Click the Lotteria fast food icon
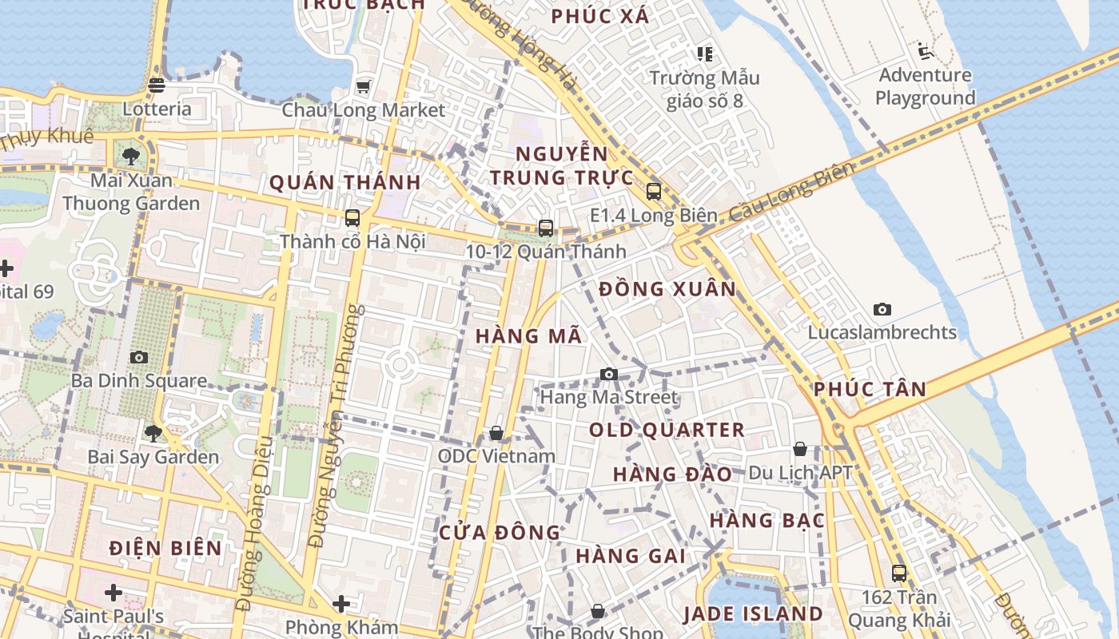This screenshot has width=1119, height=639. coord(157,85)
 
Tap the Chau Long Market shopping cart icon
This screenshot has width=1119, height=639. coord(363,86)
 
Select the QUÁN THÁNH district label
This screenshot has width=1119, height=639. coord(344,182)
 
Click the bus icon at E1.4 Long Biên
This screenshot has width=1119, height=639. coord(654,192)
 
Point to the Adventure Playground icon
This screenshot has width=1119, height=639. coord(926,52)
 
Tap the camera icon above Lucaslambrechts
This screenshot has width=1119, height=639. coord(882,309)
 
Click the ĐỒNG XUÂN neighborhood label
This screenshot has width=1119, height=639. coord(667,289)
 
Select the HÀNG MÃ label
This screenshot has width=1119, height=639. coord(528,336)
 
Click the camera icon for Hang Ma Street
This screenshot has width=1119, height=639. coord(609,374)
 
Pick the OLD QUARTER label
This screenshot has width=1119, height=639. coord(667,430)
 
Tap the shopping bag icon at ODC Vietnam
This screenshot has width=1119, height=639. coord(496,433)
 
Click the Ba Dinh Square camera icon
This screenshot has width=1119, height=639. coord(139,357)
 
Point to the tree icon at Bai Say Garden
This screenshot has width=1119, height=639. coord(153,434)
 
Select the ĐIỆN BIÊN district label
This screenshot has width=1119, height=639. coord(165,548)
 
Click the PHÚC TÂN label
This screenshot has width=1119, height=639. coord(870,390)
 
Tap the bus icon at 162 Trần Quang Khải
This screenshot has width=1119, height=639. coord(899,573)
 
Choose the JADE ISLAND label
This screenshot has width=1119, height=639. coord(752,613)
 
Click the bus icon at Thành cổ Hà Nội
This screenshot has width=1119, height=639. coord(352,218)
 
